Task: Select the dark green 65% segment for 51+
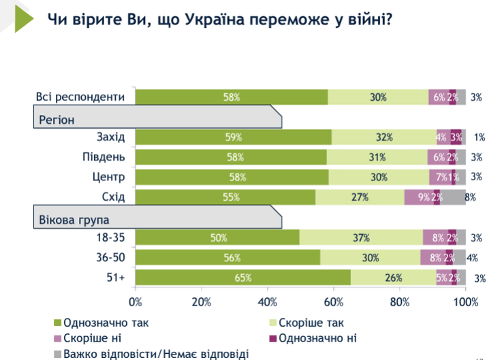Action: pyautogui.click(x=243, y=278)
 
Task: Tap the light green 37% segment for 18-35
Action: pyautogui.click(x=360, y=238)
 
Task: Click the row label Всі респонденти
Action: pyautogui.click(x=80, y=97)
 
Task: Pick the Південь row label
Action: pyautogui.click(x=104, y=157)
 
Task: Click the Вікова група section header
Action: pyautogui.click(x=75, y=220)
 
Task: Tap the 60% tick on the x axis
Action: pyautogui.click(x=334, y=301)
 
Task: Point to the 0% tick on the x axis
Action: pyautogui.click(x=136, y=301)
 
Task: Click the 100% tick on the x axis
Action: pyautogui.click(x=465, y=301)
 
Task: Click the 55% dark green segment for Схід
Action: pyautogui.click(x=225, y=197)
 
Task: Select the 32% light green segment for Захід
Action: pyautogui.click(x=384, y=137)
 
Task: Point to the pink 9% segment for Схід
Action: pyautogui.click(x=419, y=197)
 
